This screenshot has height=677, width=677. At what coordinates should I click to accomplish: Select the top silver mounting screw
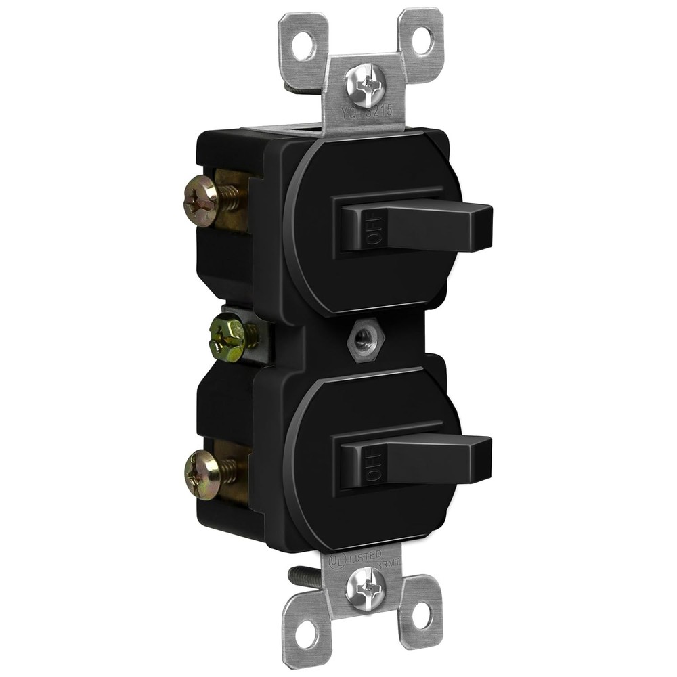pos(365,85)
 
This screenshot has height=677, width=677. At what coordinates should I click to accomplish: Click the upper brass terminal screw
pos(202,200)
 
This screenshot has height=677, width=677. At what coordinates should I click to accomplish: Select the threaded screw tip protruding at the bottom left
pos(303,576)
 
